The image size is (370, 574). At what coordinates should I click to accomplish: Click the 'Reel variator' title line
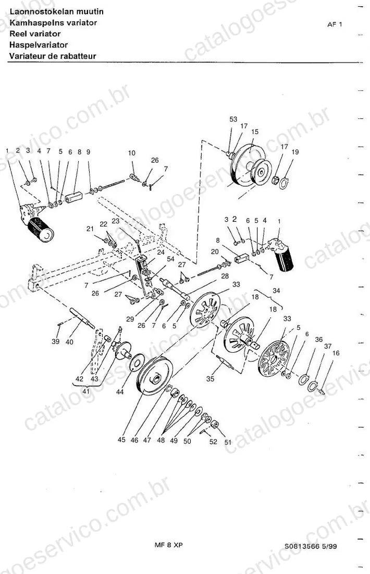[x=35, y=34]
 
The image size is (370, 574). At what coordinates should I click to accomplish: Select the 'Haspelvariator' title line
[x=39, y=45]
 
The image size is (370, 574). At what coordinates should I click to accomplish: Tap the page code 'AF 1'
[x=335, y=25]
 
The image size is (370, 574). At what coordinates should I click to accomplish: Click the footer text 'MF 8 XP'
[x=168, y=545]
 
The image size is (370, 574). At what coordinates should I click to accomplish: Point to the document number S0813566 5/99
[x=311, y=546]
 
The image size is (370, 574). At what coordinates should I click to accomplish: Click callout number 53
[x=233, y=119]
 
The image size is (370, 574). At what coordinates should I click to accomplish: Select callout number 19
[x=295, y=151]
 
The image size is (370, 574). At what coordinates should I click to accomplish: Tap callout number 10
[x=132, y=153]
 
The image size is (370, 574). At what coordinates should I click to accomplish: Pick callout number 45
[x=121, y=440]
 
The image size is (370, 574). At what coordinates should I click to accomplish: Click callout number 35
[x=210, y=379]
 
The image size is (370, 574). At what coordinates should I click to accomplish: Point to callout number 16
[x=336, y=353]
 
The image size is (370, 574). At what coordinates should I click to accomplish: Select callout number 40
[x=69, y=342]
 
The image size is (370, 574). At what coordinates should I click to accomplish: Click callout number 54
[x=170, y=259]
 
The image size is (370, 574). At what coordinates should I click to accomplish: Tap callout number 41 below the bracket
[x=86, y=391]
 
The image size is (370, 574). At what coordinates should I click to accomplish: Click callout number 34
[x=276, y=291]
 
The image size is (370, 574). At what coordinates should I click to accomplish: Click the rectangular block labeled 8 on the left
[x=74, y=197]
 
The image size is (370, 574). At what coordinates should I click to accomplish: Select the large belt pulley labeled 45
[x=156, y=376]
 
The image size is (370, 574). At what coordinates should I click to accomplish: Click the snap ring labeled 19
[x=284, y=183]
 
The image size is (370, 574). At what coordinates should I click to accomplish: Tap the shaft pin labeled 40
[x=82, y=318]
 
